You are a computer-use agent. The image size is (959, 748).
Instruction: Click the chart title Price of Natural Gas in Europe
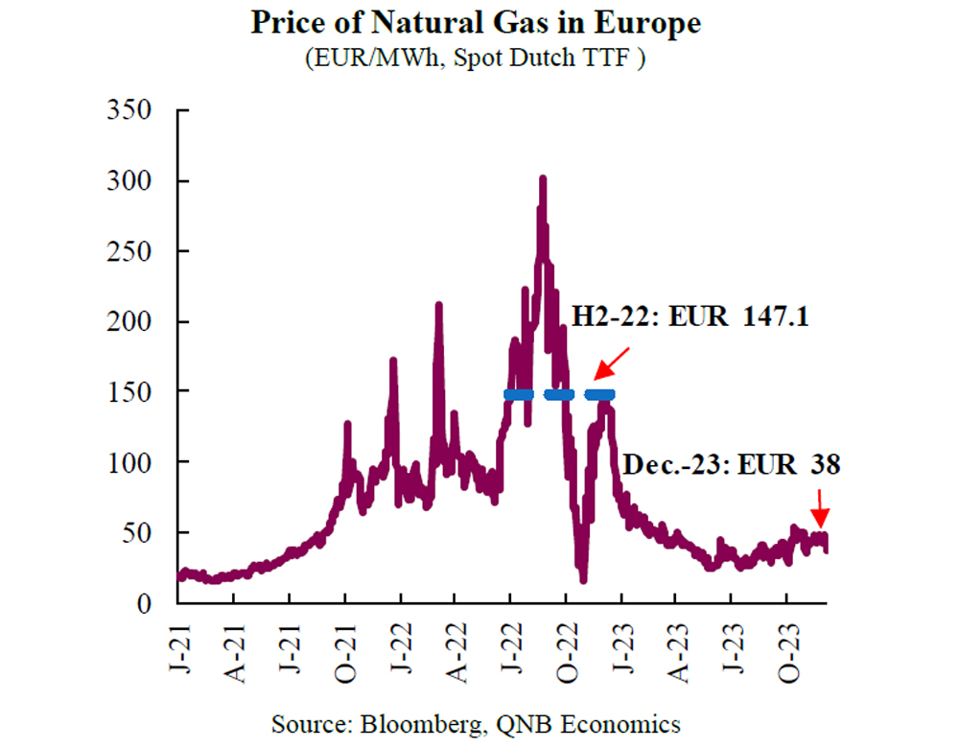click(x=477, y=23)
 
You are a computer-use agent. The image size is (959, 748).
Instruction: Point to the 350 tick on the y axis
click(x=130, y=110)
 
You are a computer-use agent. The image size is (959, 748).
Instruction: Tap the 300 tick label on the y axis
click(x=130, y=181)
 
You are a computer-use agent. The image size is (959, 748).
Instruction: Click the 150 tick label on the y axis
click(x=130, y=392)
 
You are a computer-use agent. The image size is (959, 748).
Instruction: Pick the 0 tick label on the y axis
click(x=144, y=603)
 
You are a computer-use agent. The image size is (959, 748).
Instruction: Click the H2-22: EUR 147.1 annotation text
click(x=690, y=316)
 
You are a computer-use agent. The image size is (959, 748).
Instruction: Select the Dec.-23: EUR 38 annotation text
click(x=732, y=465)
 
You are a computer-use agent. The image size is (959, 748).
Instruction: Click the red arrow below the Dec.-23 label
click(x=818, y=503)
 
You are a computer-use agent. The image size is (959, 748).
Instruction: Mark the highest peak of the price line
click(x=543, y=179)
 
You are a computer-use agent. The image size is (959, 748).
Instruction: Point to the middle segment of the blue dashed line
click(x=558, y=395)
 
